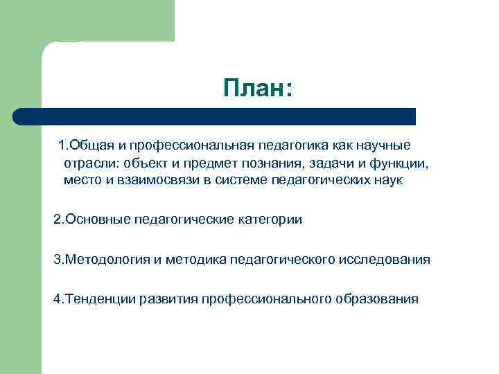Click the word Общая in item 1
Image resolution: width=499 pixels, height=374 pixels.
tap(89, 145)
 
